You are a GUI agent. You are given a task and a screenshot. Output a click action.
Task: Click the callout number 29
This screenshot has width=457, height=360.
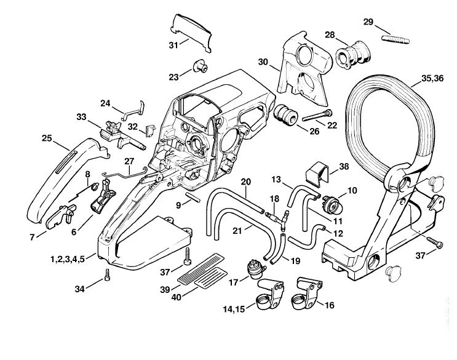coord(368,22)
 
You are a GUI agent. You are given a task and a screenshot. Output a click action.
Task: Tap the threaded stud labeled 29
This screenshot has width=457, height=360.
coord(395,39)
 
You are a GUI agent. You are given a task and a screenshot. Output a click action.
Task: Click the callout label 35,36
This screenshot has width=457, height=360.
coord(432,78)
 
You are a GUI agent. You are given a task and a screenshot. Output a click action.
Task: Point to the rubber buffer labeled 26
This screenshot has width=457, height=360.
coord(285,116)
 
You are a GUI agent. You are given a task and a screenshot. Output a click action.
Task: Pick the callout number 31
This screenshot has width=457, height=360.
coord(173,45)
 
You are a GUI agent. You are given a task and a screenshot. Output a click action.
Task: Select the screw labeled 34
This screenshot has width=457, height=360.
coord(108,275)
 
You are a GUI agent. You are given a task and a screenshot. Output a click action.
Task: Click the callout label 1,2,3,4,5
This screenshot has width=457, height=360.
coord(68,259)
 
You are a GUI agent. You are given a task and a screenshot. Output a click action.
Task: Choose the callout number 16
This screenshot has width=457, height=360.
coord(329,305)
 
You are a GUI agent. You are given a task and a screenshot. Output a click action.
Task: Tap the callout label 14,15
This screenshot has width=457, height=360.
coord(234,309)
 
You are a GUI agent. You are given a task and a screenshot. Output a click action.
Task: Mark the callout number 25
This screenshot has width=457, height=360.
coord(47,138)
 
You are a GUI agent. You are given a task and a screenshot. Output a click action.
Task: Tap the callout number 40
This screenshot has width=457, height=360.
coord(177,297)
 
